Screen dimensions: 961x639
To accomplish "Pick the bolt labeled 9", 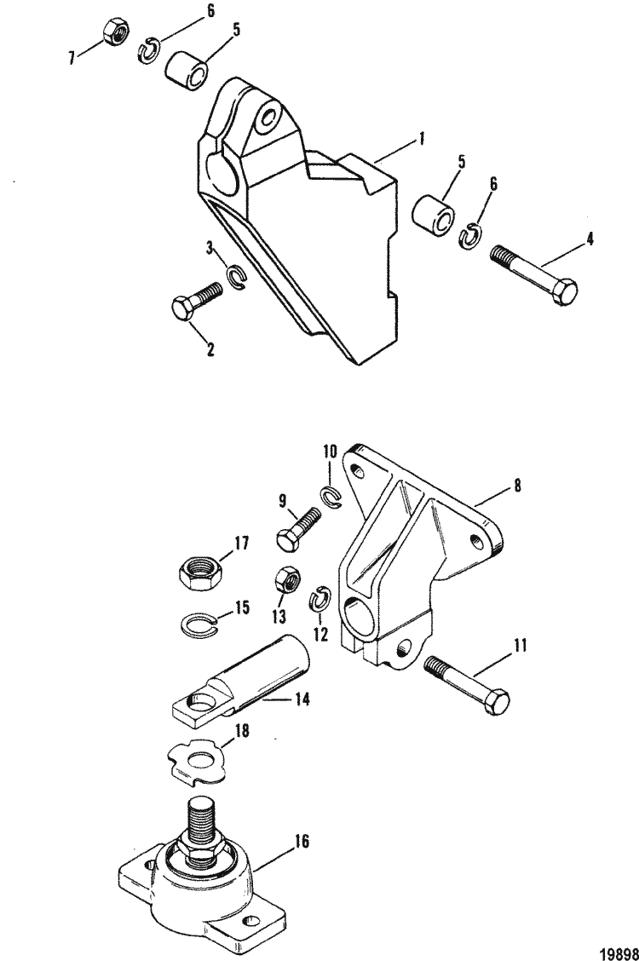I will [297, 529].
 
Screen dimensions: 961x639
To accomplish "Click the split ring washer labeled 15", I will [200, 624].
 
